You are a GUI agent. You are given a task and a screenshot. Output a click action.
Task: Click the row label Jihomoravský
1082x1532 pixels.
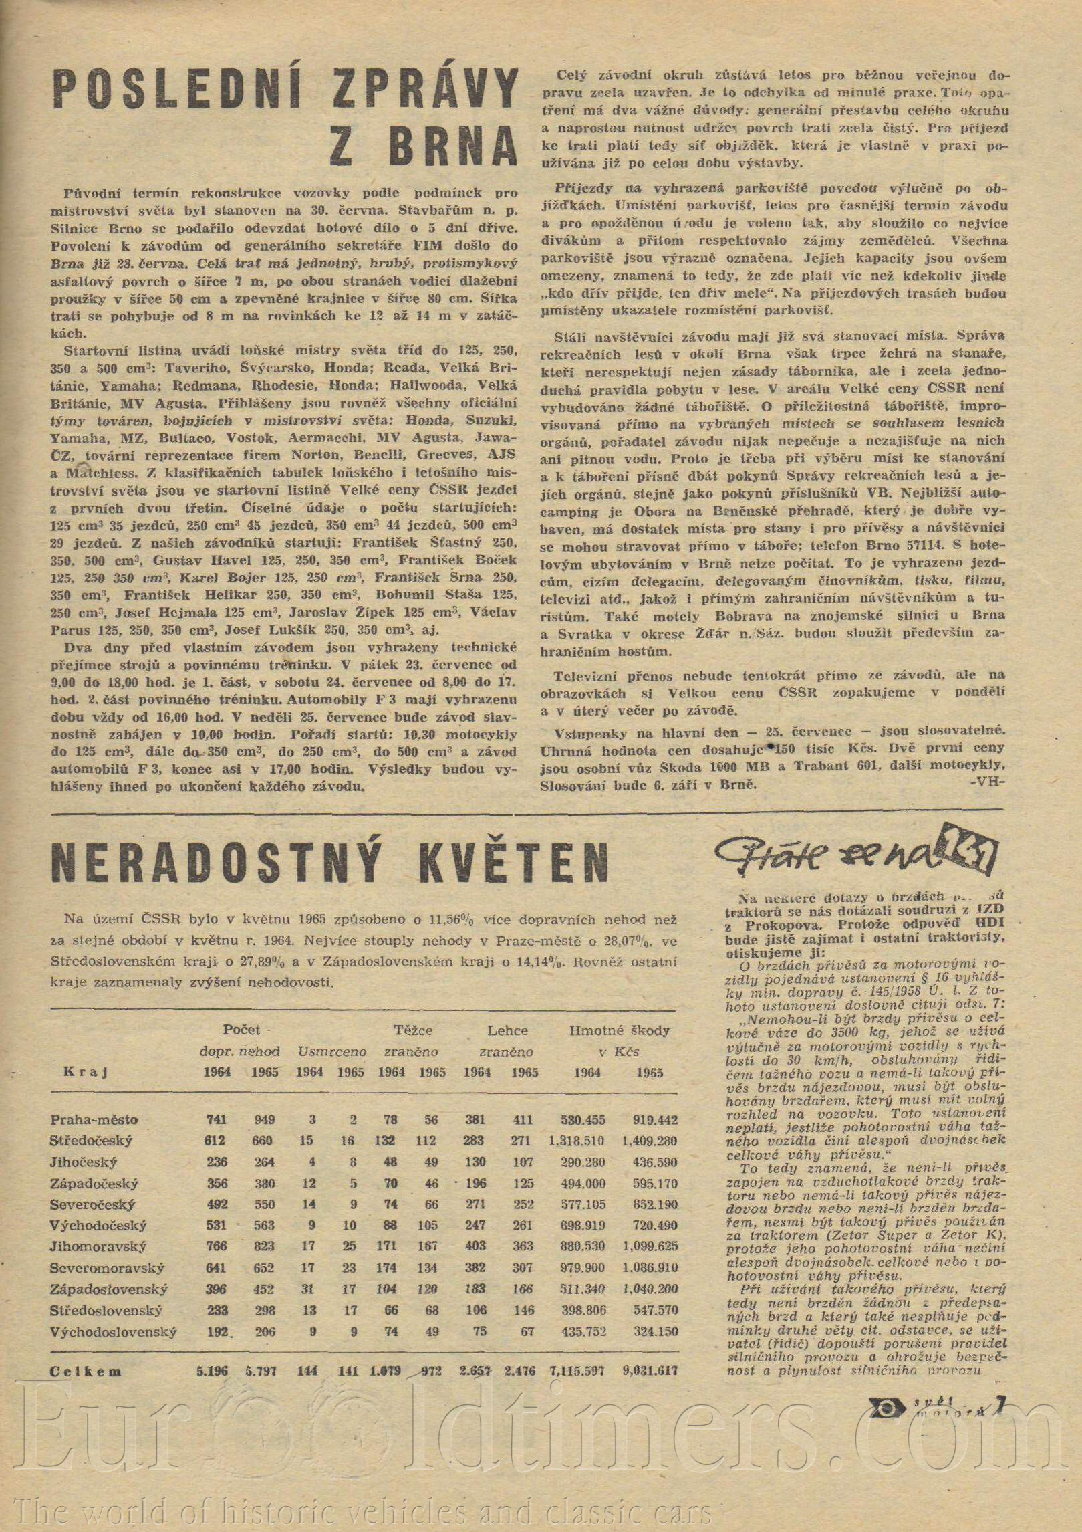pyautogui.click(x=99, y=1246)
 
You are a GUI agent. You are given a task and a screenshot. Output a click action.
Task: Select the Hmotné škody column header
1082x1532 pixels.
pyautogui.click(x=620, y=1030)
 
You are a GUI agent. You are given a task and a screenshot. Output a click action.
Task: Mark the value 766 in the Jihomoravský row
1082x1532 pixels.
pyautogui.click(x=218, y=1246)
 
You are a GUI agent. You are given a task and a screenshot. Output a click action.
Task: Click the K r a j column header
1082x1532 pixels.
pyautogui.click(x=86, y=1073)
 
